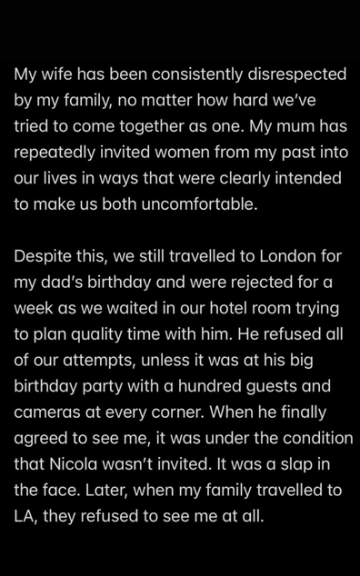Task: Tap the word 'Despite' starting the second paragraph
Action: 43,257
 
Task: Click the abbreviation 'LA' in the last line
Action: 25,515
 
